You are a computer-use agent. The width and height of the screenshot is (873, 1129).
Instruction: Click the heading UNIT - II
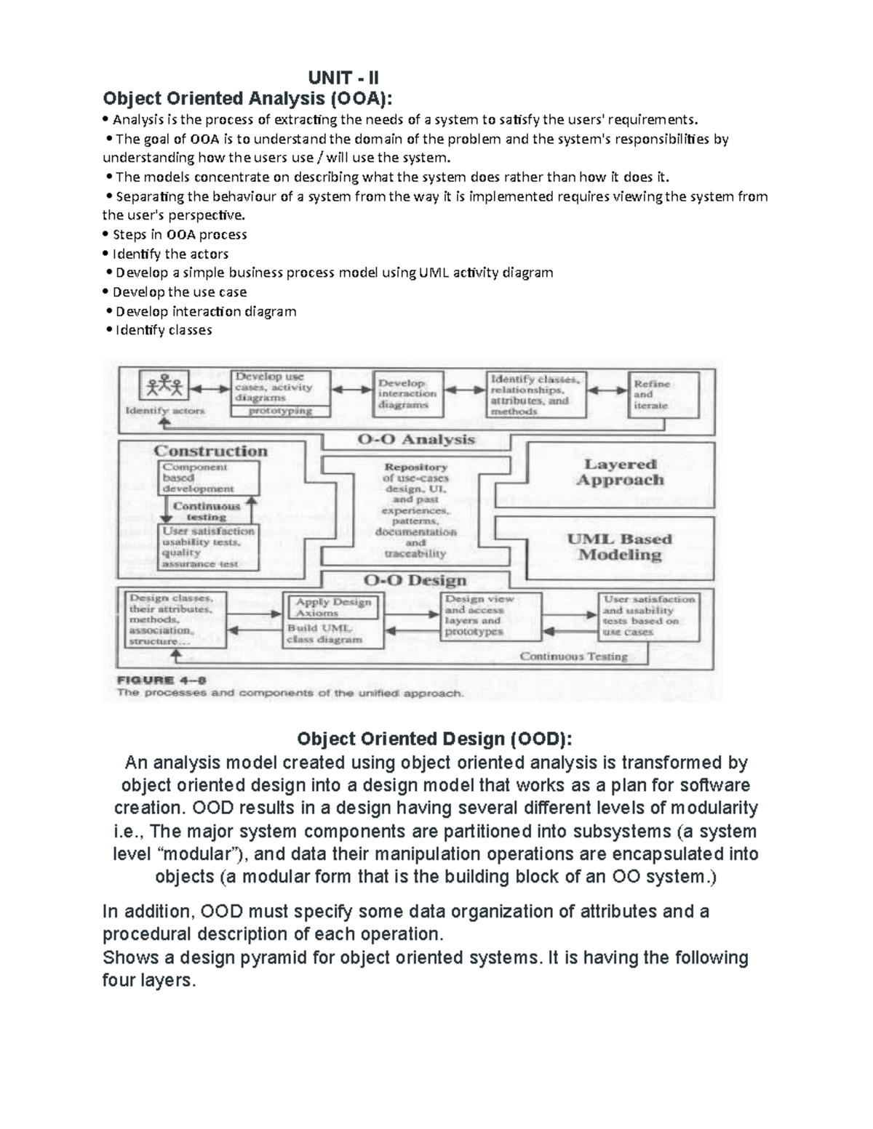click(x=343, y=78)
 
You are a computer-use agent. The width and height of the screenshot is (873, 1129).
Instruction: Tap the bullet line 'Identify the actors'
click(x=170, y=254)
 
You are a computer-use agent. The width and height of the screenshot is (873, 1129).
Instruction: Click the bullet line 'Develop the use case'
click(x=179, y=292)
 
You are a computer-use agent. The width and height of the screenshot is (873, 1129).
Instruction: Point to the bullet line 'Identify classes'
click(x=164, y=330)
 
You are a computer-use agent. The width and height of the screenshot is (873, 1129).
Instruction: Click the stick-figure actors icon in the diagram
click(x=165, y=386)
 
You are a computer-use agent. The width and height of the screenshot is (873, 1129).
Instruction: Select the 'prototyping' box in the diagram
click(x=280, y=411)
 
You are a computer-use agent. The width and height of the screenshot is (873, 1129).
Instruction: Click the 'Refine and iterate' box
click(x=662, y=394)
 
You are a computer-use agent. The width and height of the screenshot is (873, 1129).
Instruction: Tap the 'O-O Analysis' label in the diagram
click(x=416, y=440)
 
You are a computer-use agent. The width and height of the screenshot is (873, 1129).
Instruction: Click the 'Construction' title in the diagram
click(x=211, y=451)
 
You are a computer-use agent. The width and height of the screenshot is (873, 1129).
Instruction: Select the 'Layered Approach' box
click(x=620, y=472)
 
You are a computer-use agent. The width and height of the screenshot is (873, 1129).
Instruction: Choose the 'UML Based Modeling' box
click(x=619, y=547)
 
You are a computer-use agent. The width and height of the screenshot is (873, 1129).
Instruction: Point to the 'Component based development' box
click(x=208, y=478)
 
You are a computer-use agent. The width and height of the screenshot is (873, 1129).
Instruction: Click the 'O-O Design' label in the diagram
click(x=415, y=580)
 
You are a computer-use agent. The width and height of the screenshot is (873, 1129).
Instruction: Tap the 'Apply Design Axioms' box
click(x=333, y=607)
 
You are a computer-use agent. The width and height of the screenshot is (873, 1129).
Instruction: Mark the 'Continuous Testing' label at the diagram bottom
click(x=573, y=656)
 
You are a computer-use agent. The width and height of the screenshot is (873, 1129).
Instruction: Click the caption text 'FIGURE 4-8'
click(x=162, y=680)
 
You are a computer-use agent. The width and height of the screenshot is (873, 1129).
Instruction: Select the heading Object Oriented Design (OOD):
click(x=435, y=739)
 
